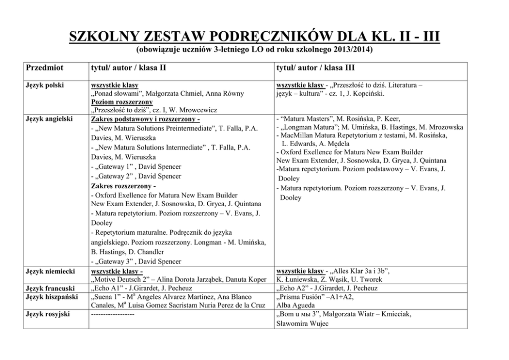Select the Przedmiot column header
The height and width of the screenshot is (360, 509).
44,68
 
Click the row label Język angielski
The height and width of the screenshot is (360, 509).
49,119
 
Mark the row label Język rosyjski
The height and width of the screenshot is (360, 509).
48,314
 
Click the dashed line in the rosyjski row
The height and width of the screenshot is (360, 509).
112,314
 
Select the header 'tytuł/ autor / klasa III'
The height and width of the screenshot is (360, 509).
316,68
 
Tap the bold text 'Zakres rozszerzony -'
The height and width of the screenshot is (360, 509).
123,185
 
